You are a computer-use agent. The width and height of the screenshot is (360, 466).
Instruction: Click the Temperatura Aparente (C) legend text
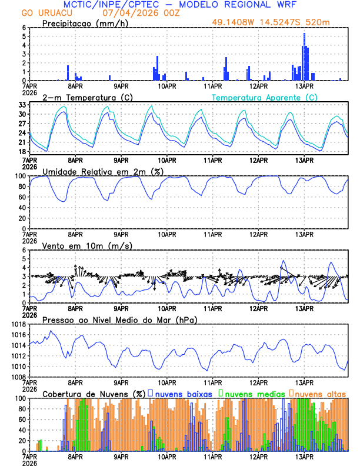265,97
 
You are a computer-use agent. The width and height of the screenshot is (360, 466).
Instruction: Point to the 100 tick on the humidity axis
19,176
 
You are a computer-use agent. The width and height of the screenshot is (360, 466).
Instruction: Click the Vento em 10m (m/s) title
87,245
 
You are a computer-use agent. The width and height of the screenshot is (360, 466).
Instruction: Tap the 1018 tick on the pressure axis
16,324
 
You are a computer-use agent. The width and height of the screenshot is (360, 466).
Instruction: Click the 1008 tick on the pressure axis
16,377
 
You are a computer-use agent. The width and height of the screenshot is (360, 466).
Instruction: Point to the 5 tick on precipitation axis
23,36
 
